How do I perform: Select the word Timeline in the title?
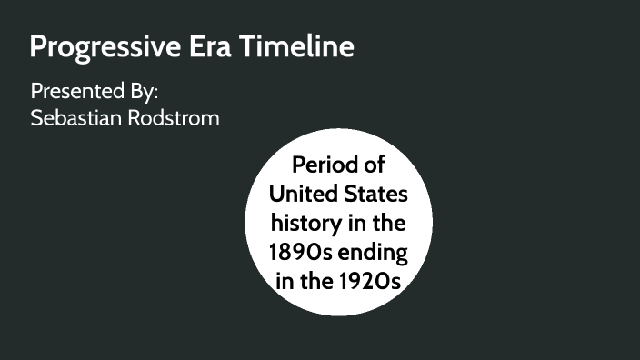(x=296, y=46)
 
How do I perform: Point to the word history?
(x=301, y=223)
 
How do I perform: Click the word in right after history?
(x=350, y=223)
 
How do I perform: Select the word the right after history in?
(x=385, y=223)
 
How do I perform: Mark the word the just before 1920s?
(x=319, y=280)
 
